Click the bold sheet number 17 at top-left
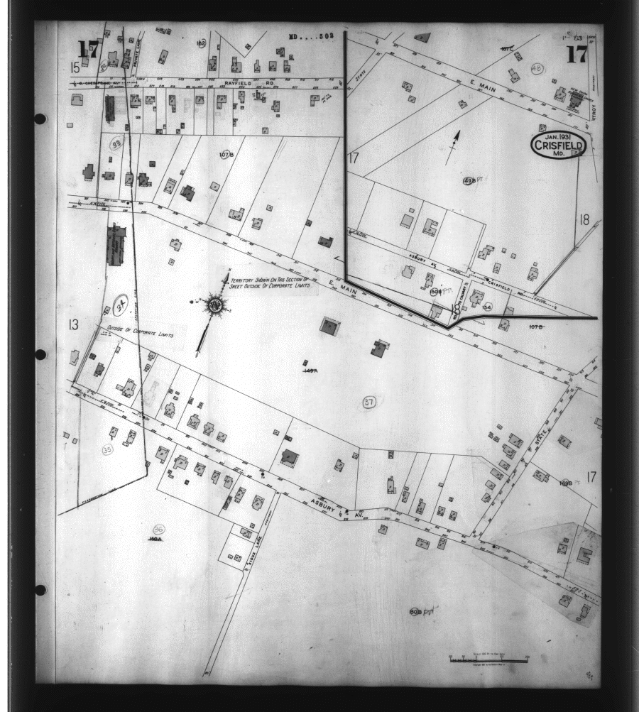click(88, 49)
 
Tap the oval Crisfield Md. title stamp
click(558, 146)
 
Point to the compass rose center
click(214, 305)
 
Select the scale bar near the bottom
click(489, 659)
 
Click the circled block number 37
click(368, 402)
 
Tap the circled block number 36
click(158, 529)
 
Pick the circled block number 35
click(107, 449)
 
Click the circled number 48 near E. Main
click(537, 68)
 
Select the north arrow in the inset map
click(453, 146)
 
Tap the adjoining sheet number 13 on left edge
click(72, 325)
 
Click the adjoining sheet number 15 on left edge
click(74, 67)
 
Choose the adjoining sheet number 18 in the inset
click(584, 219)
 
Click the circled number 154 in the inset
click(486, 307)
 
